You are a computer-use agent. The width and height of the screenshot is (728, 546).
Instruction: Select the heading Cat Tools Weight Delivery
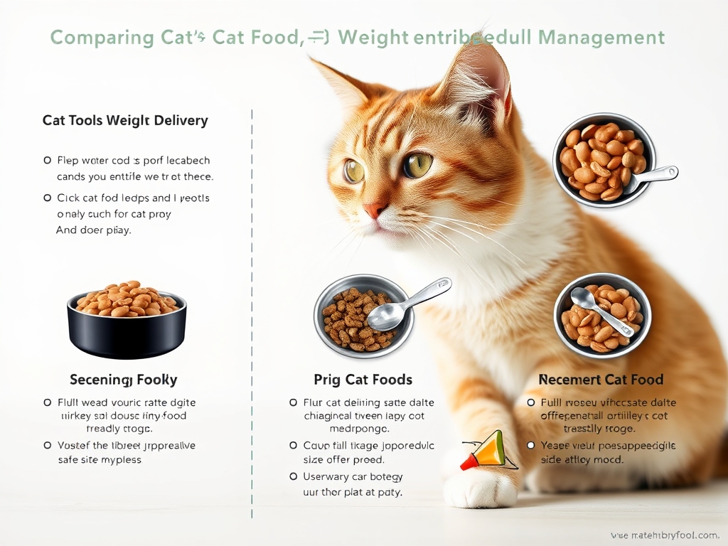click(125, 120)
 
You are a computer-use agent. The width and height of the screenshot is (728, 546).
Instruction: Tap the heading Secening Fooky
click(124, 380)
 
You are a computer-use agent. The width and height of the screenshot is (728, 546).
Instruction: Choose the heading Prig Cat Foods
click(363, 380)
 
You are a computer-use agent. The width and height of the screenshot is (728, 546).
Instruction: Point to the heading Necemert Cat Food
click(601, 380)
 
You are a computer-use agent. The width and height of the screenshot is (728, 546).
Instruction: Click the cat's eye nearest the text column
click(354, 171)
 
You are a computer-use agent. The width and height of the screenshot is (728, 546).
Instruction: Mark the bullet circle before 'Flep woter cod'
click(47, 161)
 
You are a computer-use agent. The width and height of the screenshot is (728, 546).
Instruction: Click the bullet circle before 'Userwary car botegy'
click(294, 476)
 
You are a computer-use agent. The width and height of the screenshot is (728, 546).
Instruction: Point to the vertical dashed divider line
click(252, 313)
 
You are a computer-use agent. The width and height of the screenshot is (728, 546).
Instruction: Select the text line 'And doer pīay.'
click(93, 230)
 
